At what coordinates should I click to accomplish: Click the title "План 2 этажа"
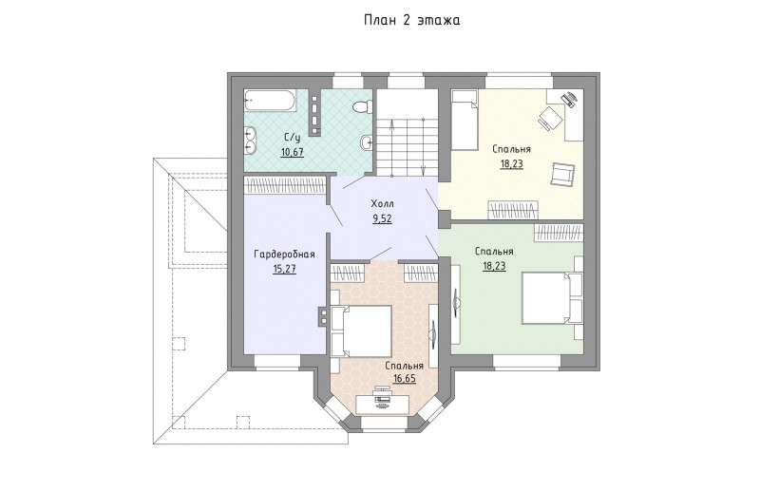point(412,20)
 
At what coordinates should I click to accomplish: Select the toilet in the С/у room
point(363,105)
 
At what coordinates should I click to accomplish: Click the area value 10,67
point(293,152)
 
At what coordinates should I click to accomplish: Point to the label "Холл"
point(383,203)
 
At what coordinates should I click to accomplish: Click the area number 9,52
point(382,218)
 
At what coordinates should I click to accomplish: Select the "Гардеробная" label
point(284,254)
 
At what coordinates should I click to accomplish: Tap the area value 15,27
point(284,269)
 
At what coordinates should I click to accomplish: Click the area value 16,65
point(405,378)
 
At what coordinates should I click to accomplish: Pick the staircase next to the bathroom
point(408,134)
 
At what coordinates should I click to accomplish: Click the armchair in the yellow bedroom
point(562,174)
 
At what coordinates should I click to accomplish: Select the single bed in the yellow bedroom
point(465,120)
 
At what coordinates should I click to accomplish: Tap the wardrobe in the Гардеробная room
point(284,185)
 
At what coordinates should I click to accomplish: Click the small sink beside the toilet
point(367,142)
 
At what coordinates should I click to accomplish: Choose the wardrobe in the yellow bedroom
point(513,210)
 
